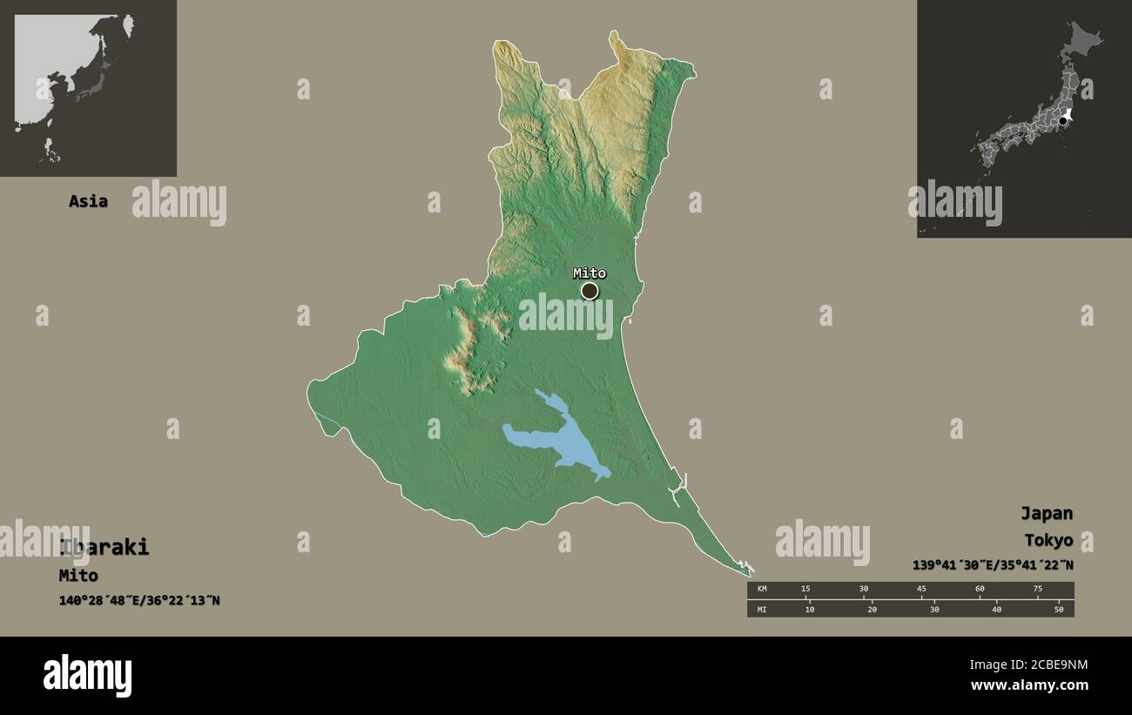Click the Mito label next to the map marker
tap(589, 273)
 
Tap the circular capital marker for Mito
tap(590, 291)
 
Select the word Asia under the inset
tap(88, 201)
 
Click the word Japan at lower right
tap(1046, 513)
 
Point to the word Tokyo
tap(1048, 540)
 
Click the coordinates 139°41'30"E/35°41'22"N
tap(993, 565)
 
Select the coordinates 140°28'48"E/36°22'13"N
tap(139, 600)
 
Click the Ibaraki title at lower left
tap(104, 548)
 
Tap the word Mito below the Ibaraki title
tap(78, 575)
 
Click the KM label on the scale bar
tap(762, 590)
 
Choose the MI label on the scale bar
tap(762, 609)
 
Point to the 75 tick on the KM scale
tap(1037, 590)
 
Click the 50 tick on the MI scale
tap(1058, 609)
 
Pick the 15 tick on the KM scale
tap(805, 590)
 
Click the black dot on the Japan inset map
tap(1062, 121)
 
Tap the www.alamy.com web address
tap(1028, 685)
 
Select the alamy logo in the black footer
tap(87, 676)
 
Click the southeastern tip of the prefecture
tap(751, 571)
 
